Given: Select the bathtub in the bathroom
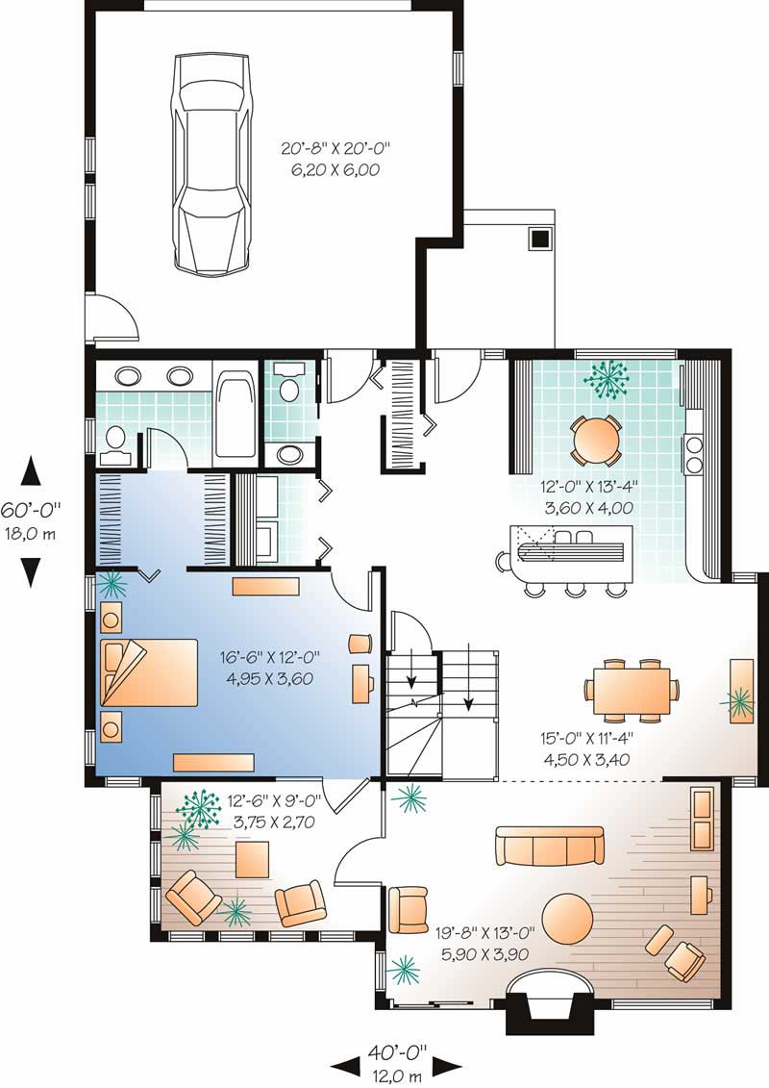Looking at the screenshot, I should pos(236,414).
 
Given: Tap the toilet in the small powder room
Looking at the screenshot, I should pos(287,388).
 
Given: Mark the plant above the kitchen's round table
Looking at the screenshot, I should pos(607,379).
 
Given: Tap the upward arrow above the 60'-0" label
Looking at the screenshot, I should pos(32,471).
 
